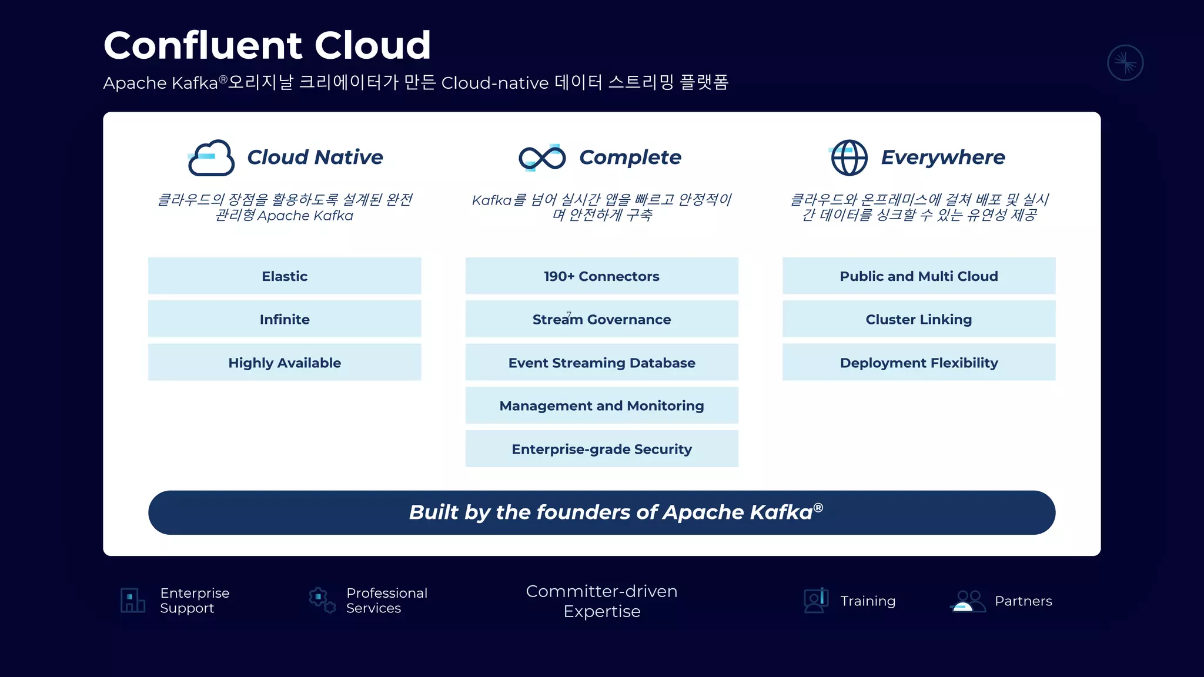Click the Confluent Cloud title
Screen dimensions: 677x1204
coord(267,45)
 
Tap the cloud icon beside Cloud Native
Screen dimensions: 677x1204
coord(211,157)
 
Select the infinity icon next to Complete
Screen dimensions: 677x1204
coord(542,157)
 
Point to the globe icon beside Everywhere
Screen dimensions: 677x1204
coord(849,157)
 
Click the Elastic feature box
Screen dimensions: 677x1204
coord(285,276)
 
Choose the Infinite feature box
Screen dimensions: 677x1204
coord(285,319)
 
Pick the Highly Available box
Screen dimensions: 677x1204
coord(285,363)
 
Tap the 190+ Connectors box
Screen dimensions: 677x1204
coord(601,276)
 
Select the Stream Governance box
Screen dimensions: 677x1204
coord(601,319)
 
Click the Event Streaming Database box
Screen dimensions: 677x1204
coord(601,363)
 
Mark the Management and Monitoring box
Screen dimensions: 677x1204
coord(601,405)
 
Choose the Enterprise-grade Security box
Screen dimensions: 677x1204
coord(601,449)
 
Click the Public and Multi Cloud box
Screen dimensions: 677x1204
coord(918,276)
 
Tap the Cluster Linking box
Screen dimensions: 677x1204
coord(918,319)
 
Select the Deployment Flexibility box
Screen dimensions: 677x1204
coord(918,363)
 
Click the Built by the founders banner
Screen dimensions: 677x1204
coord(601,512)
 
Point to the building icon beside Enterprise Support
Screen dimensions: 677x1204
coord(133,600)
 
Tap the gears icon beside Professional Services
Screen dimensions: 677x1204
coord(322,600)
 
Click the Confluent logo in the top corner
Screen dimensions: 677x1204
coord(1125,63)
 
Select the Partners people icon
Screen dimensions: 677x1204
coord(968,601)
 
